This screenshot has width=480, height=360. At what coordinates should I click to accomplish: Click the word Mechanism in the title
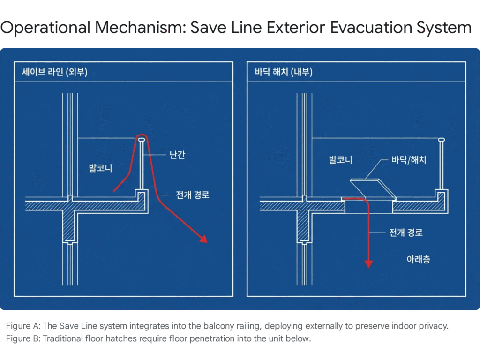pyautogui.click(x=139, y=27)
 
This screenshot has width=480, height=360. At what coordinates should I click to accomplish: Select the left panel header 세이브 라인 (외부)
pyautogui.click(x=55, y=72)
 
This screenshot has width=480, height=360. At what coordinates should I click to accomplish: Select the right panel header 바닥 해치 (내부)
pyautogui.click(x=284, y=72)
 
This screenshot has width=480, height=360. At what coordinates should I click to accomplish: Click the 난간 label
pyautogui.click(x=177, y=155)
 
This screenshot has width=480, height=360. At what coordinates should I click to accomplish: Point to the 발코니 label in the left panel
pyautogui.click(x=100, y=168)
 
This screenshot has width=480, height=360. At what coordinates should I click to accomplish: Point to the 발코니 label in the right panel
pyautogui.click(x=340, y=159)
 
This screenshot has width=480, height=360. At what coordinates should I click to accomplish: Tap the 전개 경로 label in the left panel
pyautogui.click(x=192, y=195)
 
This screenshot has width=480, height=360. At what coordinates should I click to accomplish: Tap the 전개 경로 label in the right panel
pyautogui.click(x=405, y=232)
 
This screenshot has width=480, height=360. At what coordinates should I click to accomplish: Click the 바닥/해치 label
pyautogui.click(x=409, y=159)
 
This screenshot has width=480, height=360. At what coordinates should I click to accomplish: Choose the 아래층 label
pyautogui.click(x=418, y=259)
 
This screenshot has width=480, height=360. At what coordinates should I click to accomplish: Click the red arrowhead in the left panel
pyautogui.click(x=203, y=239)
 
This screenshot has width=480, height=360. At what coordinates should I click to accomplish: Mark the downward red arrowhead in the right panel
pyautogui.click(x=368, y=264)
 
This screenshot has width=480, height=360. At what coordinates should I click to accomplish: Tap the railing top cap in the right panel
pyautogui.click(x=442, y=140)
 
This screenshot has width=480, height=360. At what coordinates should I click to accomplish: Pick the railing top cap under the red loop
pyautogui.click(x=142, y=140)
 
